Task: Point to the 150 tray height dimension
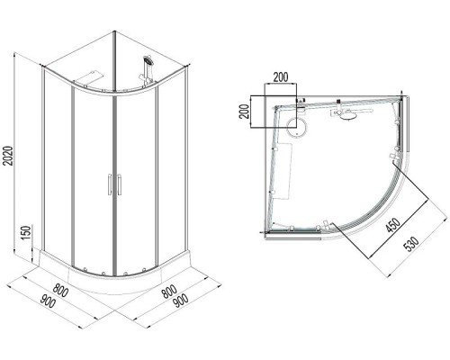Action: click(x=26, y=232)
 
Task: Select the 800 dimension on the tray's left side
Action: click(x=61, y=290)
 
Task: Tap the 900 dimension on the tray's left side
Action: click(x=48, y=301)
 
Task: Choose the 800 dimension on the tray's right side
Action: click(x=168, y=291)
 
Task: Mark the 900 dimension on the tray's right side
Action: click(x=181, y=301)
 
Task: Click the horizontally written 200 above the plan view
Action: click(x=281, y=77)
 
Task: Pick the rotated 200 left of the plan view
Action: click(x=246, y=112)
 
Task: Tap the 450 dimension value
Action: click(x=393, y=225)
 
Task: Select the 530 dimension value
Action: click(x=411, y=244)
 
